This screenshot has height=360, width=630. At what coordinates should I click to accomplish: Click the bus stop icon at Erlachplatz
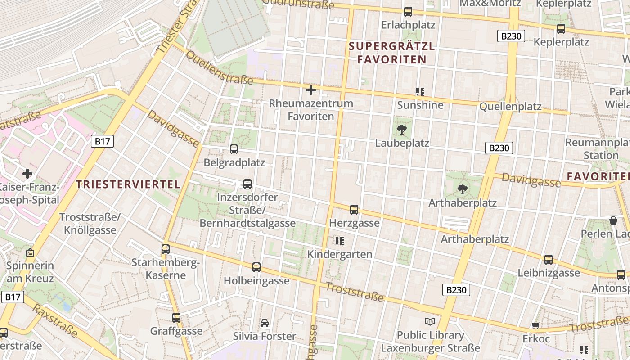pyautogui.click(x=408, y=12)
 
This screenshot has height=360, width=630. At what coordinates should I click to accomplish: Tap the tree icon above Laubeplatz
pyautogui.click(x=402, y=130)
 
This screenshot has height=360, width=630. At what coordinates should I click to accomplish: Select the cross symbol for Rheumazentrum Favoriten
pyautogui.click(x=310, y=90)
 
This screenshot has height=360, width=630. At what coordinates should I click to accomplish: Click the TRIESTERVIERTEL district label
pyautogui.click(x=128, y=184)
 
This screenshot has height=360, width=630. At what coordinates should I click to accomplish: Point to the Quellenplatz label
pyautogui.click(x=510, y=107)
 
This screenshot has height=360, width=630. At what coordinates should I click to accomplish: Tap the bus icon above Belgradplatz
pyautogui.click(x=234, y=149)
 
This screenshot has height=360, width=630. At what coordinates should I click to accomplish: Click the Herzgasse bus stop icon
pyautogui.click(x=354, y=209)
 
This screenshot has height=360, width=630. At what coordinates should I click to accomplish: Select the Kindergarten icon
pyautogui.click(x=340, y=241)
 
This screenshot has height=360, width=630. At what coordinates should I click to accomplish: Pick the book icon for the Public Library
pyautogui.click(x=430, y=321)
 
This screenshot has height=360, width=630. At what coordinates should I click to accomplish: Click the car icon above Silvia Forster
pyautogui.click(x=265, y=323)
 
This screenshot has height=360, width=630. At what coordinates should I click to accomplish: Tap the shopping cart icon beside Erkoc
pyautogui.click(x=535, y=325)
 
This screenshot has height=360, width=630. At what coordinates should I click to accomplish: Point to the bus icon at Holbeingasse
pyautogui.click(x=256, y=267)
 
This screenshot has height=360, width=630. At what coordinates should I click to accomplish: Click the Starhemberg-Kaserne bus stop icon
pyautogui.click(x=166, y=249)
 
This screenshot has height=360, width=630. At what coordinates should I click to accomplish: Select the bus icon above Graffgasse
pyautogui.click(x=176, y=317)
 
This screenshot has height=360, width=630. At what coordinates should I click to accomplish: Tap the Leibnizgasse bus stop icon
pyautogui.click(x=549, y=259)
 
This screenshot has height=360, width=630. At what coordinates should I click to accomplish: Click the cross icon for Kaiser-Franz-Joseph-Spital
pyautogui.click(x=27, y=173)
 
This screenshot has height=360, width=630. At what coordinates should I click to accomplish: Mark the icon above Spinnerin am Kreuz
pyautogui.click(x=30, y=252)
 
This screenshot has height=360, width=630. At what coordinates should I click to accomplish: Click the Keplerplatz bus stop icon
pyautogui.click(x=561, y=29)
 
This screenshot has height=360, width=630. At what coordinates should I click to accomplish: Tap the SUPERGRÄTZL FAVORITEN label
pyautogui.click(x=392, y=53)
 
